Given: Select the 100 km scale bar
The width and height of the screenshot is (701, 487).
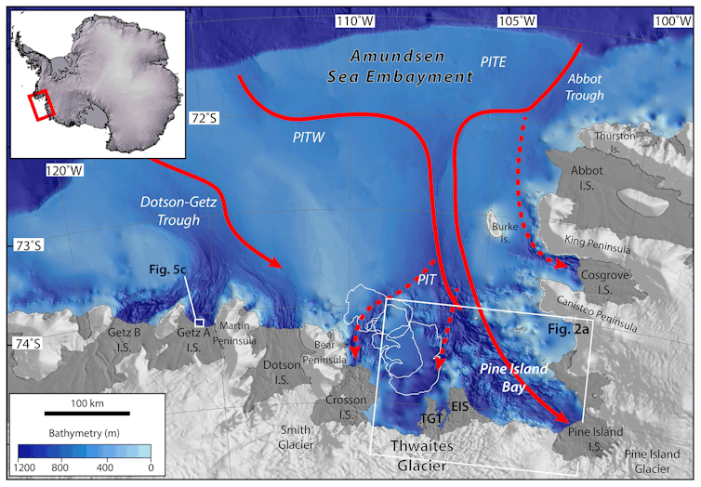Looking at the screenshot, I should pyautogui.click(x=87, y=411).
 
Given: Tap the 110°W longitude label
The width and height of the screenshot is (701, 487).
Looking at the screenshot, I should pyautogui.click(x=357, y=20).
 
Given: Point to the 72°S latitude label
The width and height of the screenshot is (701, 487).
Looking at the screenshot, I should pyautogui.click(x=202, y=118).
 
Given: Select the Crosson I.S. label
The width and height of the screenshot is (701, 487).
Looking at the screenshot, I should pyautogui.click(x=345, y=406).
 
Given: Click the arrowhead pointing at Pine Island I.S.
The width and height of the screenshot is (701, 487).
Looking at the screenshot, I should pyautogui.click(x=564, y=418).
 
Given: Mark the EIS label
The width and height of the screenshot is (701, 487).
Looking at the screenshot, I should pyautogui.click(x=458, y=406).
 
